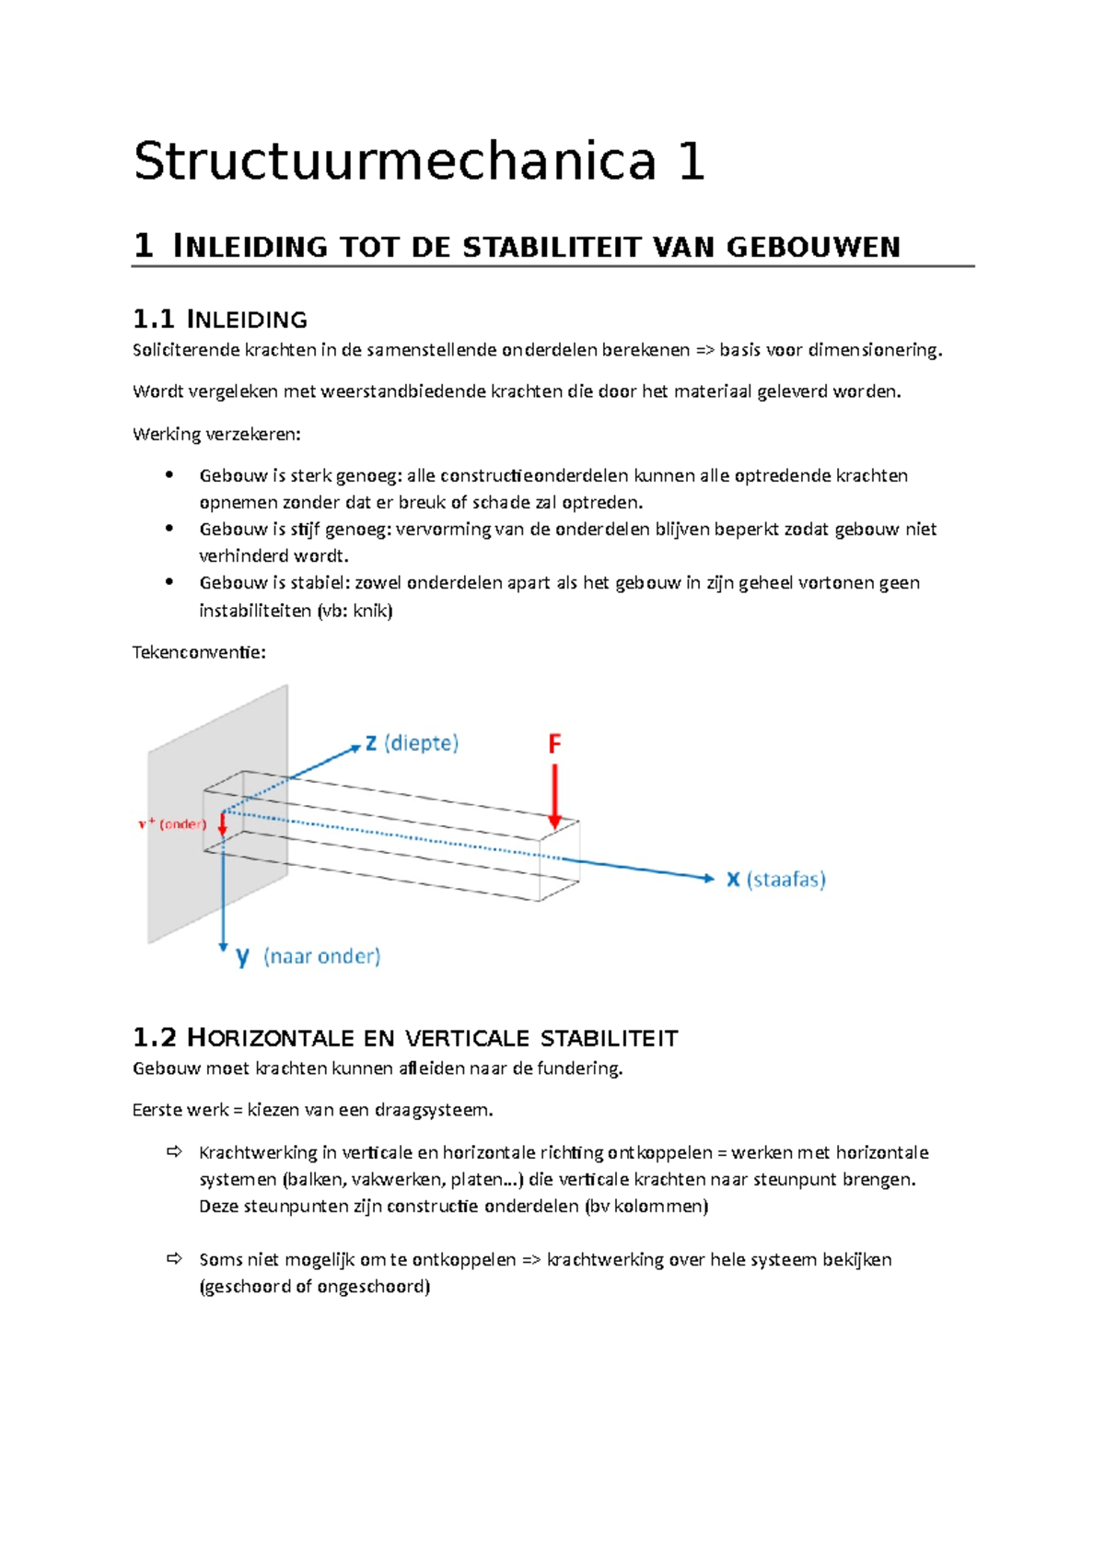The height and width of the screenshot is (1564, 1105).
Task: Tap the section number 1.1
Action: coord(153,320)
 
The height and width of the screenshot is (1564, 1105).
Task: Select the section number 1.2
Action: coord(154,1038)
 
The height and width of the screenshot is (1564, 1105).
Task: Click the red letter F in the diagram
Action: coord(554,743)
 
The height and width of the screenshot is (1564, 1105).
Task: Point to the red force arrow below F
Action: coord(554,796)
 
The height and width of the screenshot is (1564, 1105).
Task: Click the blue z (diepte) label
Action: coord(411,742)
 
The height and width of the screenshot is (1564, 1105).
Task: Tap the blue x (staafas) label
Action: coord(775,879)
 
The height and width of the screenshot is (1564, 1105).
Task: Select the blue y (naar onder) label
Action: coord(308,956)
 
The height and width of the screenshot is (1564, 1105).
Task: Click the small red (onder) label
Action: coord(181,823)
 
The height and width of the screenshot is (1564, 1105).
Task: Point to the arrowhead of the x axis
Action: coord(708,878)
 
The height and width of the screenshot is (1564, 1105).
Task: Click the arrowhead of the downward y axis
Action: coord(223,946)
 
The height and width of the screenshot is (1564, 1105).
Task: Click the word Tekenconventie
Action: coord(198,652)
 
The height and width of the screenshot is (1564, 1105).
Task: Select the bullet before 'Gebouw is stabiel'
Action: coord(169,582)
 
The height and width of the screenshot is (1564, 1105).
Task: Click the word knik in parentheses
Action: coord(371,610)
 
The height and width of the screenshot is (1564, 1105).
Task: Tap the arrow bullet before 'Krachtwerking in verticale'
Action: coord(174,1152)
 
